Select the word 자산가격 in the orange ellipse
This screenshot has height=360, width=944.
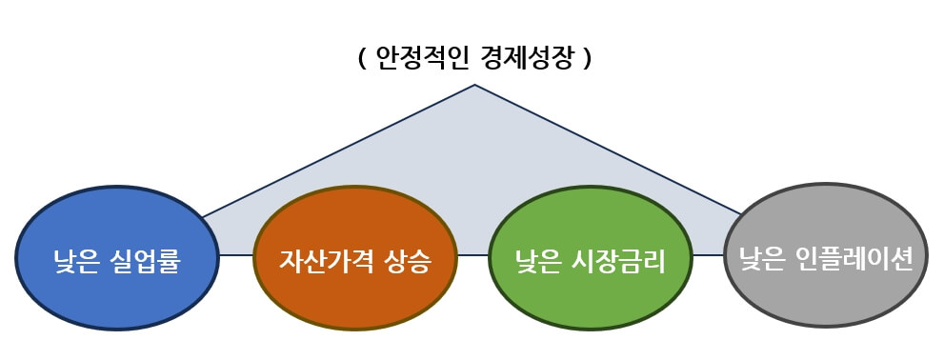point(319,259)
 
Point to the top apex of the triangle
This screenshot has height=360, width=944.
point(474,86)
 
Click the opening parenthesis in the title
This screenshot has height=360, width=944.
point(362,59)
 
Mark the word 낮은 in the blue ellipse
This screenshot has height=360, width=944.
point(76,258)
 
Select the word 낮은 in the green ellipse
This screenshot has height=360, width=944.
point(538,259)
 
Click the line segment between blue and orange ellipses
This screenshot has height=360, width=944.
point(236,255)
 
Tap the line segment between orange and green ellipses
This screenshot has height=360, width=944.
point(472,255)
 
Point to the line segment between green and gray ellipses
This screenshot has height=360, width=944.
point(708,255)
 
